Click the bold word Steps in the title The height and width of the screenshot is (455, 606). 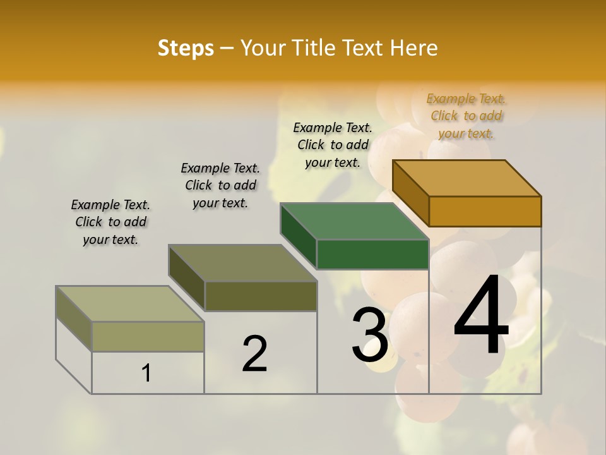pos(186,48)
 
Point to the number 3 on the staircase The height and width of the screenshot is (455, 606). pos(369,335)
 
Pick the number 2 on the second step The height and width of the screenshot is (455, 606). pos(254,354)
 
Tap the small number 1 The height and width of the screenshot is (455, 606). pos(146,373)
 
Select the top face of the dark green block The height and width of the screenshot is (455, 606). pos(355,221)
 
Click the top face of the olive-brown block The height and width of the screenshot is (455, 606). pos(243,263)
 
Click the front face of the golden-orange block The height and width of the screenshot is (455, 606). pos(485,211)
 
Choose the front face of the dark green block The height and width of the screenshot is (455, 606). pos(372,254)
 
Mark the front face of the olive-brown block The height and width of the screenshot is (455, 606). pos(261,296)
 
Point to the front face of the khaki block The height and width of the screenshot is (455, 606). pos(148,336)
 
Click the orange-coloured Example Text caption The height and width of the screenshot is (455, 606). pos(466,116)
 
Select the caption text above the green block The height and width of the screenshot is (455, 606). pos(333,145)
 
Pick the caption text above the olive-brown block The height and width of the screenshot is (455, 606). pos(220,185)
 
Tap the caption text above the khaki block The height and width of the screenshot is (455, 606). pos(110,222)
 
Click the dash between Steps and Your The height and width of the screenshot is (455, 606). pos(227,48)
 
